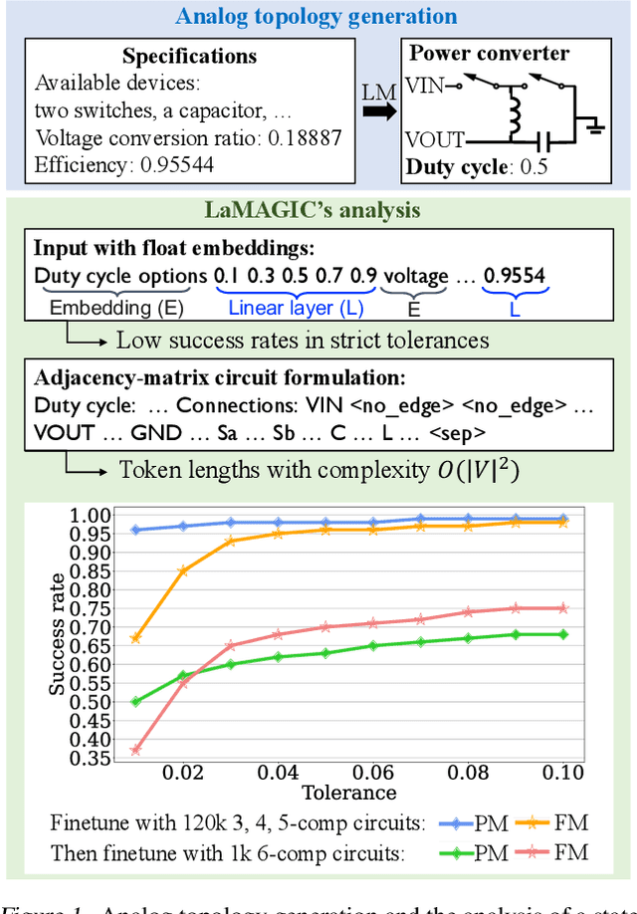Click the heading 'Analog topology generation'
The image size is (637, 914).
pos(318,17)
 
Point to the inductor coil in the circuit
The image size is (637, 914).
pos(518,111)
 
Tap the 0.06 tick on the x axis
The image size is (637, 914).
pos(355,773)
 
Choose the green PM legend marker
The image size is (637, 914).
pos(457,852)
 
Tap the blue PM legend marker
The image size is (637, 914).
pos(457,823)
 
